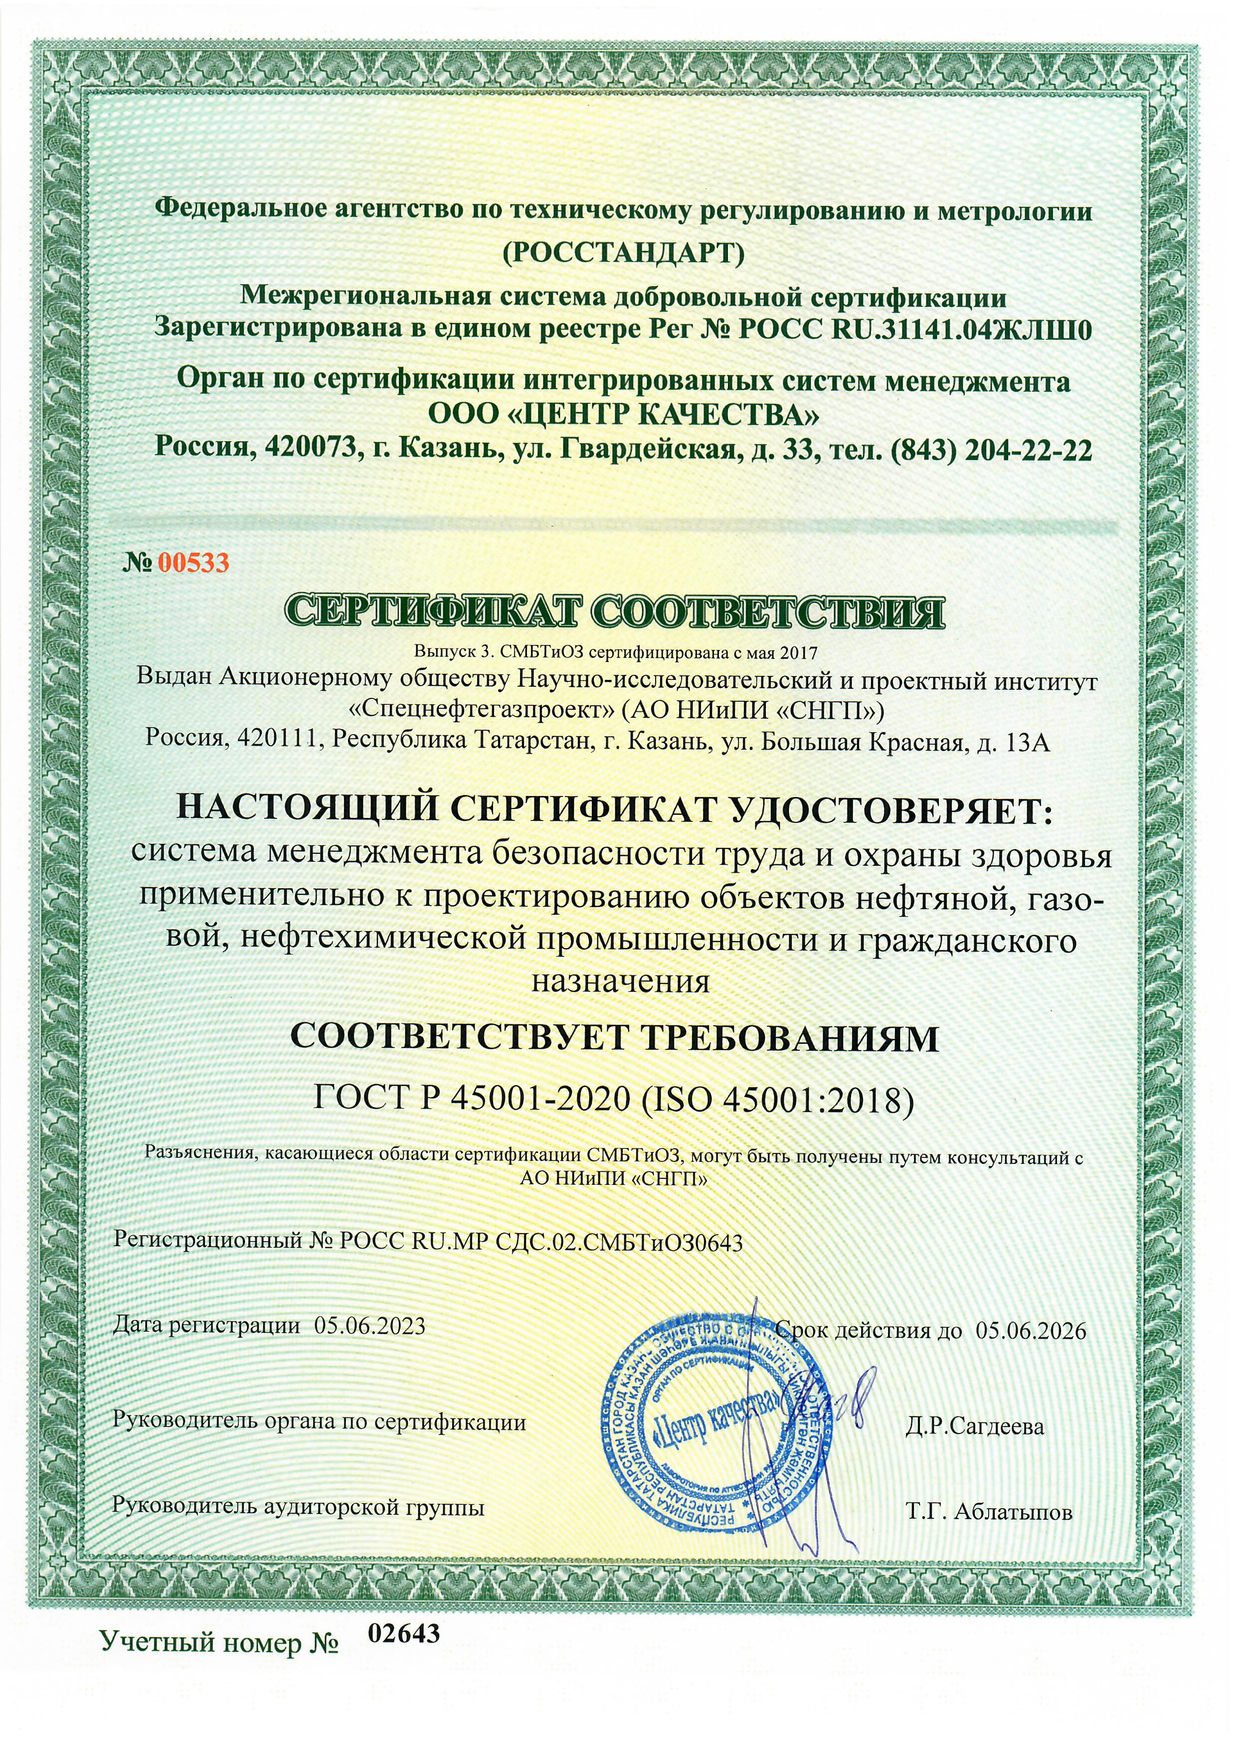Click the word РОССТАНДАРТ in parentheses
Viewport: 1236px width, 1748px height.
tap(623, 253)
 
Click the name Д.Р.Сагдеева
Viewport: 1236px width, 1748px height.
tap(975, 1426)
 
